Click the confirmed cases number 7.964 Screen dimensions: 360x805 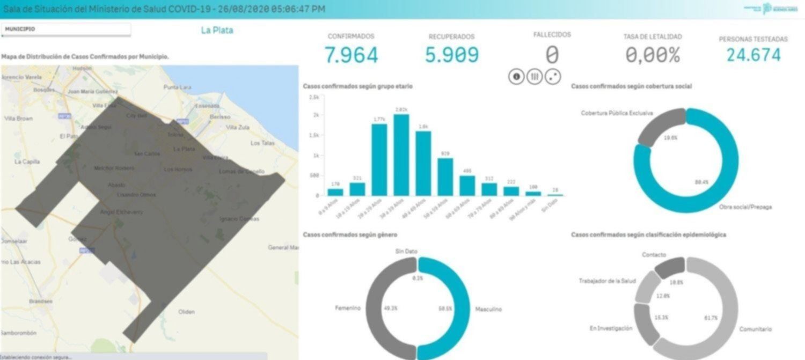pos(351,55)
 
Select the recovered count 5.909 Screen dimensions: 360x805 pos(452,55)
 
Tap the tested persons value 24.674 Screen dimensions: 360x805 pos(753,55)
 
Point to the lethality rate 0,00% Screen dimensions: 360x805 pos(653,55)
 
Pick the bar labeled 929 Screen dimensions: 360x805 pos(445,177)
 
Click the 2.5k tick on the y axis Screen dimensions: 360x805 pos(316,97)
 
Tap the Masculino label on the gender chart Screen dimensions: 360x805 pos(488,310)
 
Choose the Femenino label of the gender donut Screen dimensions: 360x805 pos(347,308)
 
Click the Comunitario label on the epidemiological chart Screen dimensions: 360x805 pos(756,329)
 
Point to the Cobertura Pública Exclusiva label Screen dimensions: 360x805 pos(617,113)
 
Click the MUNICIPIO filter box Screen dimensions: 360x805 pos(65,30)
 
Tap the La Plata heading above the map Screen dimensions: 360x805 pos(217,31)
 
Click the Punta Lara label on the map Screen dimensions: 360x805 pos(178,87)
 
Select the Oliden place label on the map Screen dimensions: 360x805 pos(187,312)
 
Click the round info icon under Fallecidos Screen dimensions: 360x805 pos(516,77)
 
